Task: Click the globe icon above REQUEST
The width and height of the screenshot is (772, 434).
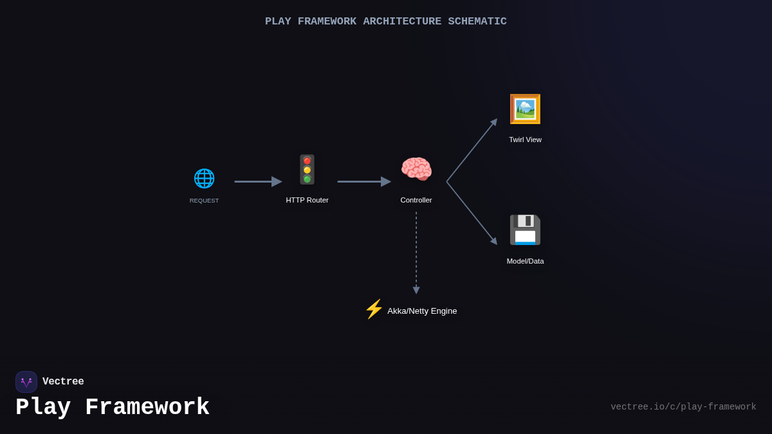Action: click(204, 178)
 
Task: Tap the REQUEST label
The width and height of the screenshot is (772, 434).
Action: click(204, 201)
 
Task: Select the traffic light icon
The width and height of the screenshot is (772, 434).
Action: click(307, 170)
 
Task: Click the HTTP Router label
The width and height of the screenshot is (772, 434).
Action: click(307, 200)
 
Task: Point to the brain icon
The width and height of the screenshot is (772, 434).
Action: click(416, 170)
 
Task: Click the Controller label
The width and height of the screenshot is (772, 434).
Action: click(416, 200)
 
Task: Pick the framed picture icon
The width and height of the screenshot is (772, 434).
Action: click(525, 109)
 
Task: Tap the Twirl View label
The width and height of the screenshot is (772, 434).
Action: click(525, 140)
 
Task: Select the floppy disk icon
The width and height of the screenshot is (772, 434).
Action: click(525, 230)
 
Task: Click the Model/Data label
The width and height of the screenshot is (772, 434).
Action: click(525, 261)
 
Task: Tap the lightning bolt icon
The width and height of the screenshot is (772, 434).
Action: click(374, 309)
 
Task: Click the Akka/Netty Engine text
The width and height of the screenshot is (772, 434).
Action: click(422, 311)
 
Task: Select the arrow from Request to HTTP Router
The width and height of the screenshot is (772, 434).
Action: click(257, 181)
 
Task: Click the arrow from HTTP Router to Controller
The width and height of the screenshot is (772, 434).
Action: click(363, 181)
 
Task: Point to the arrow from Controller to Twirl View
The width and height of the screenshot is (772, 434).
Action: click(472, 150)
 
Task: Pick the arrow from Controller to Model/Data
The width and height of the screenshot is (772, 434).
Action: click(472, 213)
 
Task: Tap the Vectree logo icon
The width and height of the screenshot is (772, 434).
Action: click(26, 382)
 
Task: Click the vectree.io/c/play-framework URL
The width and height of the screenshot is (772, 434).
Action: click(683, 407)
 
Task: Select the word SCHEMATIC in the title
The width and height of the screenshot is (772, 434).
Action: click(477, 21)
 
